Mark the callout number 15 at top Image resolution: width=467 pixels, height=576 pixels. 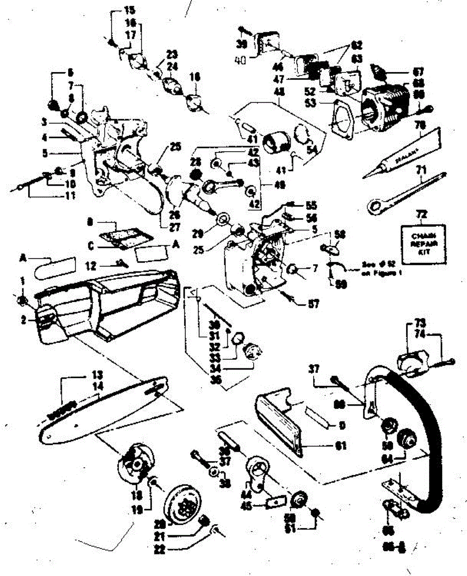(x=117, y=10)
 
